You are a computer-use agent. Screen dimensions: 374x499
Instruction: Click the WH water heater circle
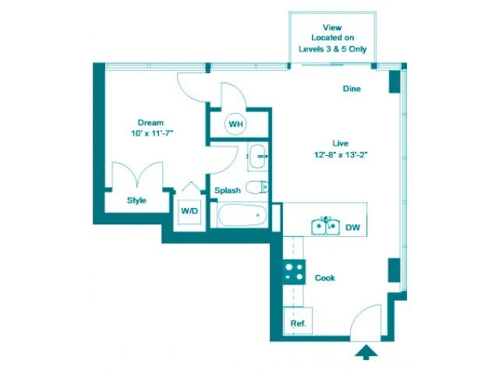235,123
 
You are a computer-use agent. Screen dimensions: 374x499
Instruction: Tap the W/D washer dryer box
189,211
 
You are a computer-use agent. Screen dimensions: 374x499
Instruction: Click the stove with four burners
294,271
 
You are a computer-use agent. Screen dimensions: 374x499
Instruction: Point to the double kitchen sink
324,227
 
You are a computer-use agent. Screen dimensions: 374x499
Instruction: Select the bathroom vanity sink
258,157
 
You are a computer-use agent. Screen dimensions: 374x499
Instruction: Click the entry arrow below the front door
365,353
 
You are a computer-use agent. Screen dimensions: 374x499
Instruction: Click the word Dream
150,122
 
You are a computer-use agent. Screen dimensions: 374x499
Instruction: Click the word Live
339,143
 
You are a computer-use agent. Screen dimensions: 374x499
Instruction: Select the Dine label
352,89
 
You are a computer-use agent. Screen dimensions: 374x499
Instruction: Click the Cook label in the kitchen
325,277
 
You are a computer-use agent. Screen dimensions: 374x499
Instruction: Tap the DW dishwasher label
352,228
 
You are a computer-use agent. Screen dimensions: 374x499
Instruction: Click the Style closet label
137,200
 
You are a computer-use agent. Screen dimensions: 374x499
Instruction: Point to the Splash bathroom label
227,190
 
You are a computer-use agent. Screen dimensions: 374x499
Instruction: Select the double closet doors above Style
137,176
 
